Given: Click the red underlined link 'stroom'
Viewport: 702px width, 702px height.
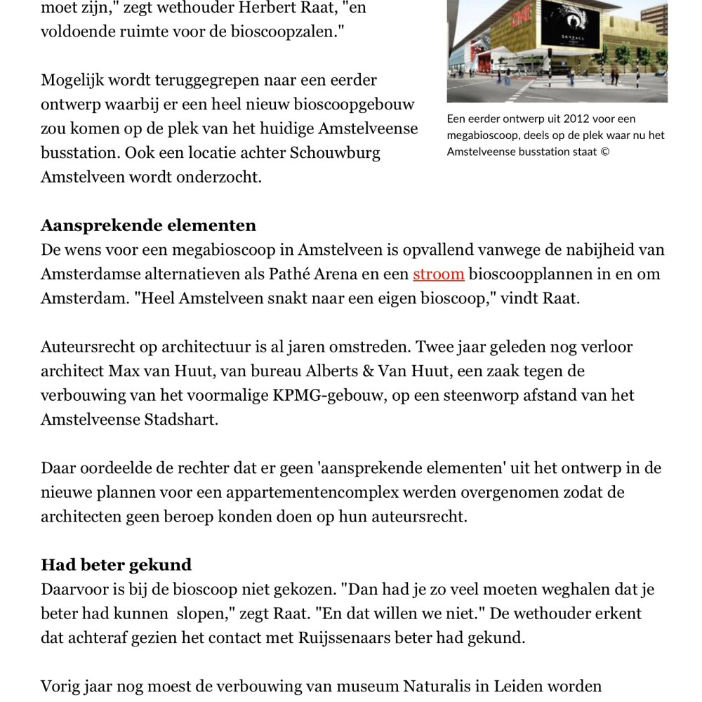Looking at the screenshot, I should coord(438,274).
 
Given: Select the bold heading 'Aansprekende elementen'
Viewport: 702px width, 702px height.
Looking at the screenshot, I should coord(148,225).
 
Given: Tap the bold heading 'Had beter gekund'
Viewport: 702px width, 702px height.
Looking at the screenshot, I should coord(116,565).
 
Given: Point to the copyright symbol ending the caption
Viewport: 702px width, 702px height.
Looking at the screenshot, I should coord(605,152).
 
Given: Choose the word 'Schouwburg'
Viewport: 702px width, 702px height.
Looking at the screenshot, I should coord(336,152).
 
